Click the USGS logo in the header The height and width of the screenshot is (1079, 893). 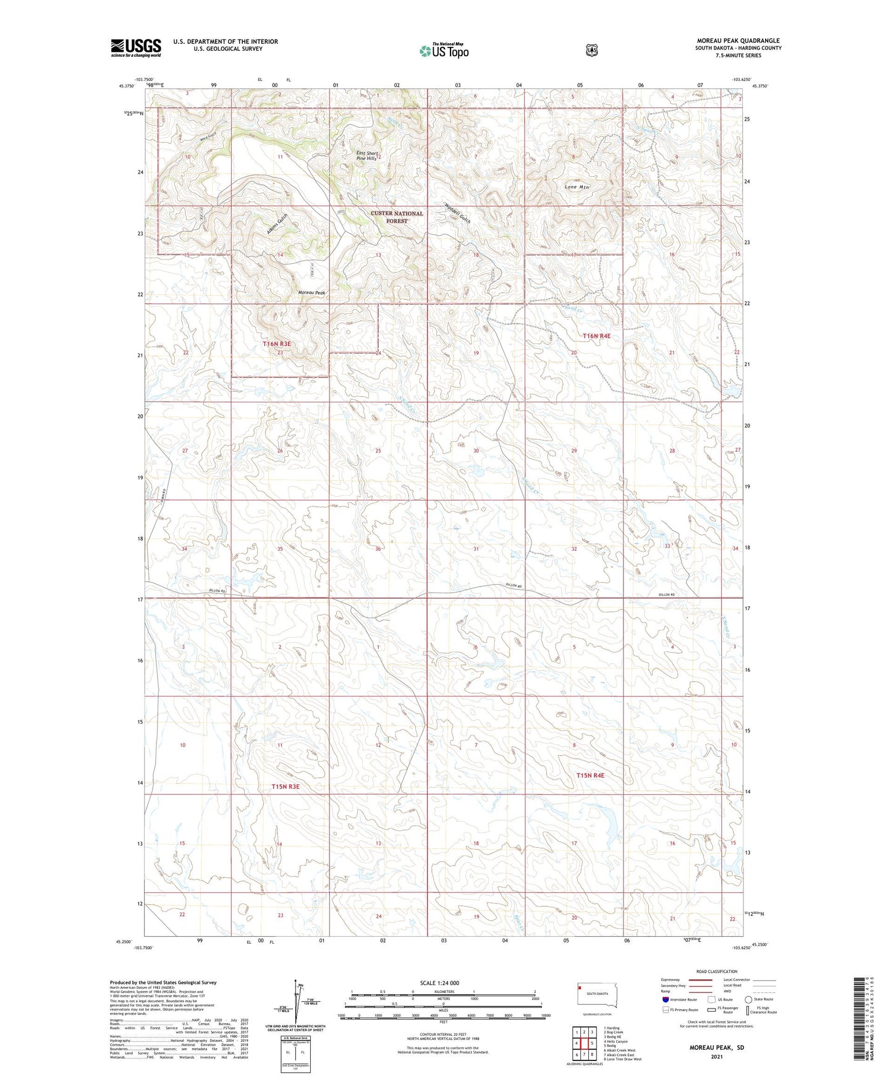[136, 48]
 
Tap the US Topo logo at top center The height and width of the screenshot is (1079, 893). [444, 51]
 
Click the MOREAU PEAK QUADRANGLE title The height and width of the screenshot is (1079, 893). [738, 41]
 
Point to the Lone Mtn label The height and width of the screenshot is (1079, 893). [577, 187]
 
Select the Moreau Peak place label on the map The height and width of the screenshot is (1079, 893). [311, 292]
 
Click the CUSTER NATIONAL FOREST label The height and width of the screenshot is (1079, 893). [397, 217]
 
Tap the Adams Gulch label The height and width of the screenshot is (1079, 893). [277, 224]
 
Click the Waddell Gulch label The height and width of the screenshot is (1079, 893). [458, 214]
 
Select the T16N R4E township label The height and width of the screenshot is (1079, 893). [596, 336]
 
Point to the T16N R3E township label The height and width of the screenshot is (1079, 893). [276, 343]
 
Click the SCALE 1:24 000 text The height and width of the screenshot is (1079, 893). [439, 983]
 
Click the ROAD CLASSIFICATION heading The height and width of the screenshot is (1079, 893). [716, 971]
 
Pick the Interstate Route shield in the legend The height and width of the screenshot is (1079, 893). [665, 999]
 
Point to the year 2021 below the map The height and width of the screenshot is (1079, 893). [717, 1056]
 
